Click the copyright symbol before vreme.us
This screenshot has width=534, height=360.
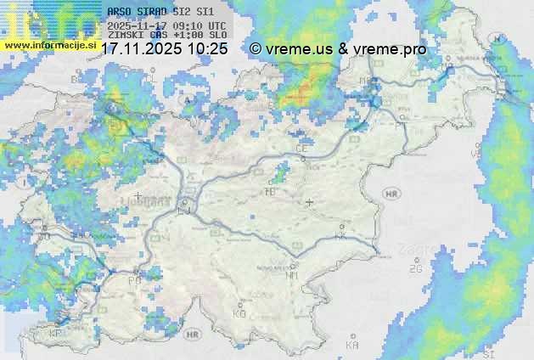pyautogui.click(x=256, y=49)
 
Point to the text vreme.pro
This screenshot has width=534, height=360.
pyautogui.click(x=393, y=49)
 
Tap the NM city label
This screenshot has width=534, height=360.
pyautogui.click(x=292, y=275)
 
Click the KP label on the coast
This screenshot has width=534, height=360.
pyautogui.click(x=56, y=334)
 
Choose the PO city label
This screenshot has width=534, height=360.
pyautogui.click(x=133, y=280)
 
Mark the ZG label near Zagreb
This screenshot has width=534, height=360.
pyautogui.click(x=415, y=269)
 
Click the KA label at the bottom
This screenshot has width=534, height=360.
pyautogui.click(x=352, y=346)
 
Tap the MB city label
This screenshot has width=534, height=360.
pyautogui.click(x=366, y=82)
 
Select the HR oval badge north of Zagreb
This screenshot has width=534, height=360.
pyautogui.click(x=391, y=194)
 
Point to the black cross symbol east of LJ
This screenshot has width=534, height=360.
pyautogui.click(x=309, y=202)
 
